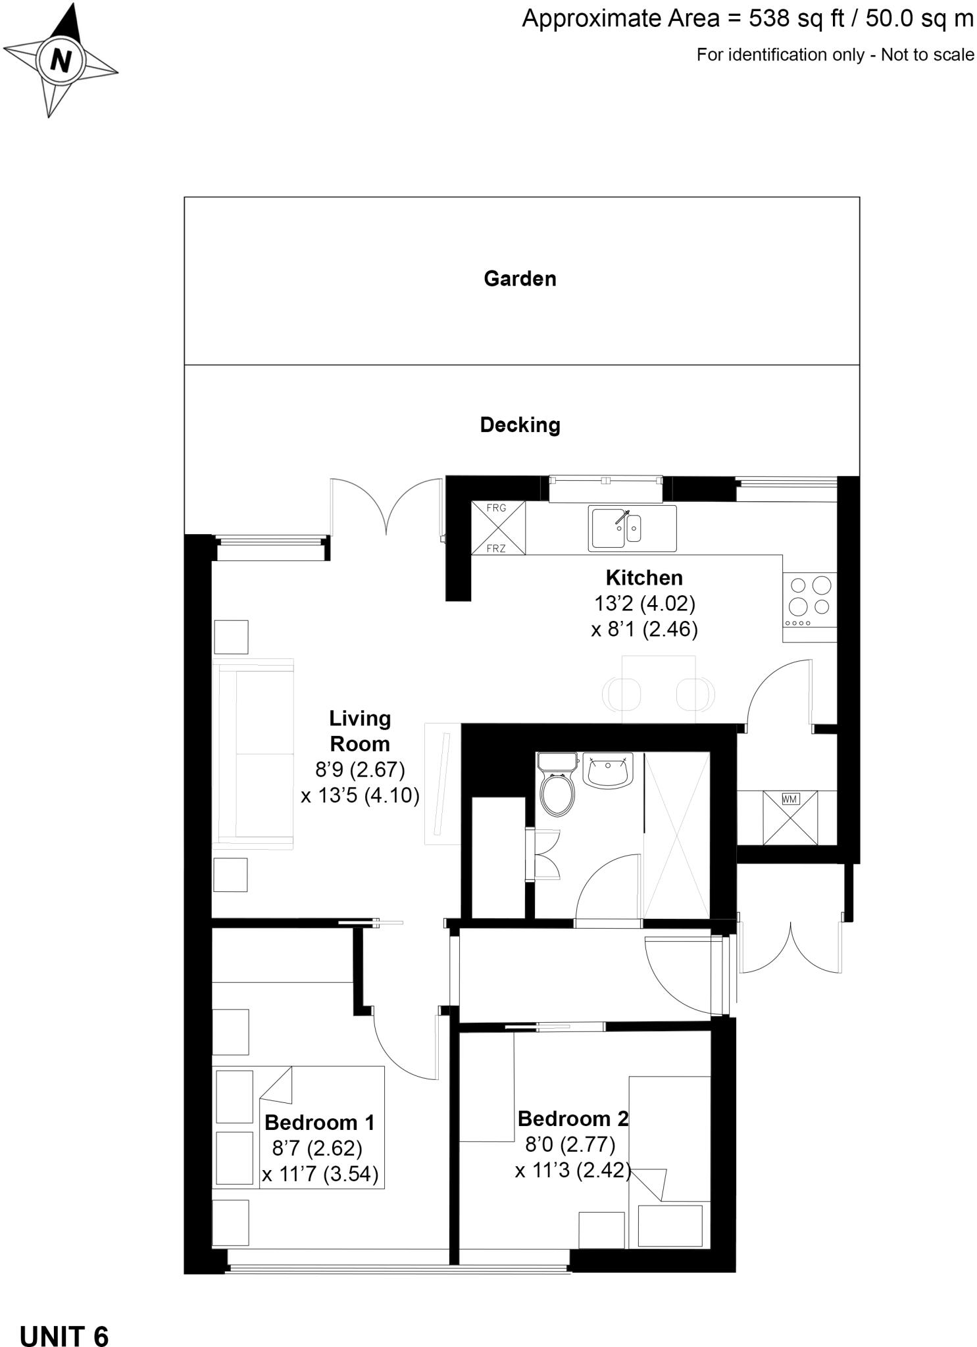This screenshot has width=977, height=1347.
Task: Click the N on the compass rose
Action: coord(60,61)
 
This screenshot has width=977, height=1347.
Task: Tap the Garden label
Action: coord(520,279)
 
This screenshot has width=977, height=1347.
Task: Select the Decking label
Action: coord(520,425)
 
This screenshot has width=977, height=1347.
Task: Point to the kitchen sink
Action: coord(632,528)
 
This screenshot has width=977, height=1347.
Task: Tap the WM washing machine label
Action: coord(789,799)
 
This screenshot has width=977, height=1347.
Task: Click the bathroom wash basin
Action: coord(608,770)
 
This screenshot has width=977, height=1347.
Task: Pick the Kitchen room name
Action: coord(644,578)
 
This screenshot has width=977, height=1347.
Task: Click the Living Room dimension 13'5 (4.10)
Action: coord(360,796)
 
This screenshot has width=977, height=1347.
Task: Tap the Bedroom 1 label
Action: coord(320,1122)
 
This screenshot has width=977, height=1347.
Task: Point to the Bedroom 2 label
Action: coord(573,1118)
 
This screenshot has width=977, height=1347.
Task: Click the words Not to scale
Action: coord(927,55)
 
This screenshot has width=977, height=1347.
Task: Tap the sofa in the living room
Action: coord(253,753)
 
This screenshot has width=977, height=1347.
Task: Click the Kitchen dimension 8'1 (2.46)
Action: coord(644,629)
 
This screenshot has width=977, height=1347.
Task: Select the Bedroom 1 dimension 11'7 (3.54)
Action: coord(320,1175)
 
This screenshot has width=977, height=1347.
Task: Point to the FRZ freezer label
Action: coord(496,548)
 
